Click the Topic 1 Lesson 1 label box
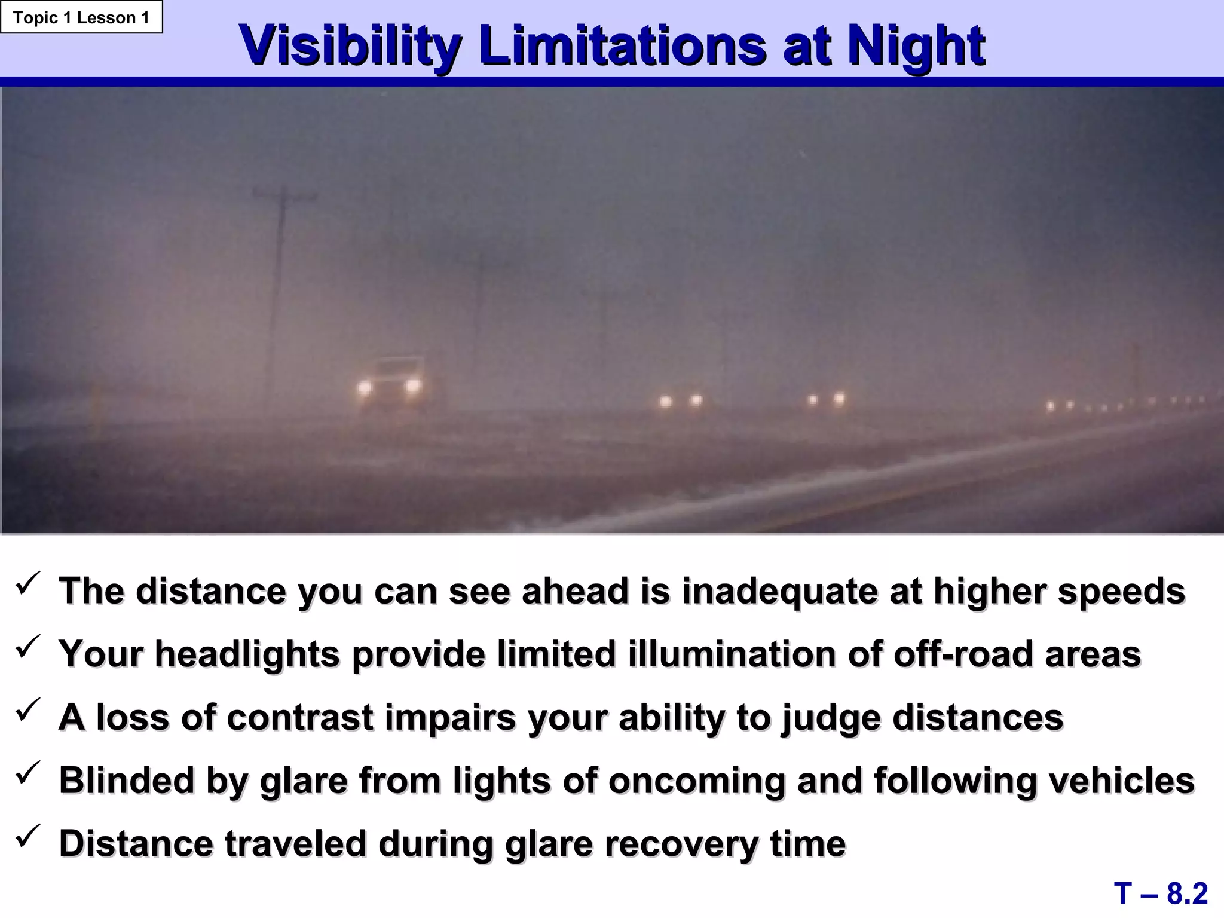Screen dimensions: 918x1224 [x=81, y=17]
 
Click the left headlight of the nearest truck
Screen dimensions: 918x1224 [x=364, y=388]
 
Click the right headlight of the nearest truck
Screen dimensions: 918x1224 [x=412, y=386]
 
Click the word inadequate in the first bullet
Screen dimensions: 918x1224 [x=780, y=591]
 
